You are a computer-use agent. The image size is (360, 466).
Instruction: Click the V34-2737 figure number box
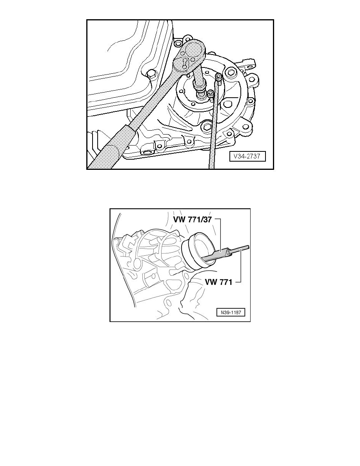(247, 157)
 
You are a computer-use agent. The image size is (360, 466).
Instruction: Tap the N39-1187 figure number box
(231, 312)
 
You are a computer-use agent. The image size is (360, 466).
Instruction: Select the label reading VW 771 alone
(218, 282)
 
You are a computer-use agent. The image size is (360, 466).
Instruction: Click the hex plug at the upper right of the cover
(231, 73)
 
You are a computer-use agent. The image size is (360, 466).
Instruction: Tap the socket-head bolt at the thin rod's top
(218, 76)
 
